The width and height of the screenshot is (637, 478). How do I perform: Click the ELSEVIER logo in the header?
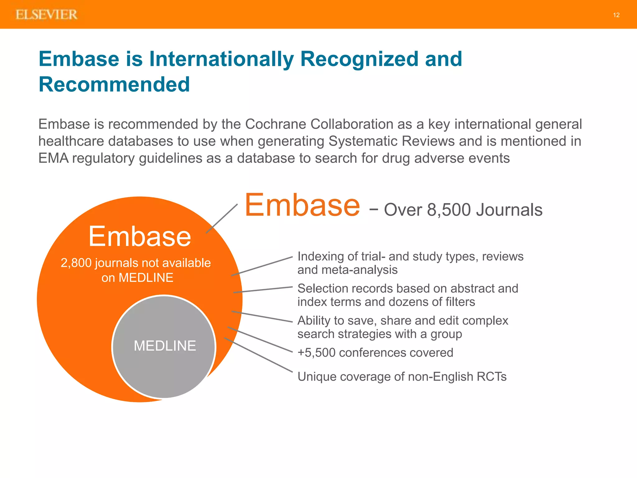[x=47, y=15]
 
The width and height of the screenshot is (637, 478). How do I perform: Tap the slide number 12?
[x=616, y=15]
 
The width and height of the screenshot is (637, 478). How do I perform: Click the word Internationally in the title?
[x=221, y=59]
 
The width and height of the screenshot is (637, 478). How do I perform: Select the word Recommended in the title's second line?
[x=114, y=84]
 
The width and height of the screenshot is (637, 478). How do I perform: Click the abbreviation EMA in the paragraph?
[x=53, y=158]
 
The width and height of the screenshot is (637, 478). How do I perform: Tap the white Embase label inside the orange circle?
[x=140, y=237]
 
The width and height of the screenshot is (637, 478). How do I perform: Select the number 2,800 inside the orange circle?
[x=76, y=263]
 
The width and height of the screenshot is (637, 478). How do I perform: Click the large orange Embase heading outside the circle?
[x=302, y=205]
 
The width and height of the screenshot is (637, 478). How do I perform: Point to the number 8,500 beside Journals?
[x=449, y=210]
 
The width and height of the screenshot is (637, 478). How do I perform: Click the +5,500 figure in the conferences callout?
[x=316, y=353]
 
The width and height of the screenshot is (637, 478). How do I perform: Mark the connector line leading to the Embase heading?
[x=222, y=218]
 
